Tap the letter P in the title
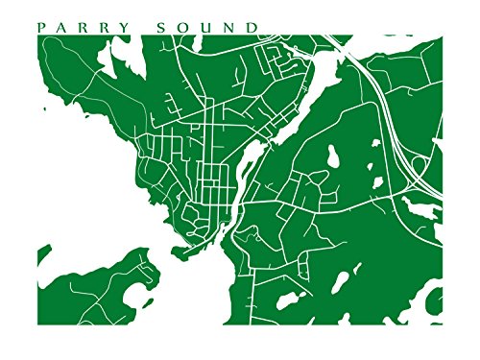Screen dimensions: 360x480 (40, 27)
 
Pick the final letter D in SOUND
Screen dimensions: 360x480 (252, 27)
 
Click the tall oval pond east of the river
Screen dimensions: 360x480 (335, 156)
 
